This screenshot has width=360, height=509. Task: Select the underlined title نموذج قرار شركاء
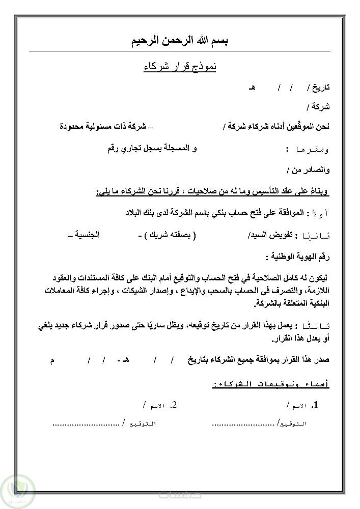[180, 67]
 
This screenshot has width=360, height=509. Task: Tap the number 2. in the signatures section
[174, 405]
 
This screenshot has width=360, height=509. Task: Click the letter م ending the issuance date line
[52, 360]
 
